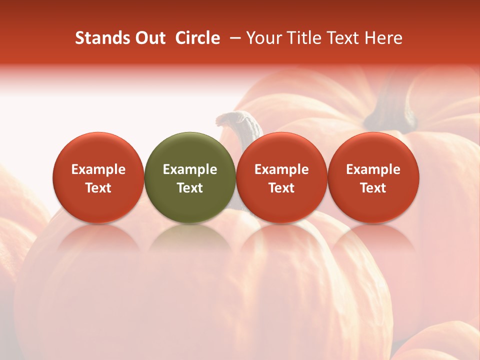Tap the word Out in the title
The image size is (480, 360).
(x=148, y=38)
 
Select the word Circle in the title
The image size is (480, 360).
(x=197, y=38)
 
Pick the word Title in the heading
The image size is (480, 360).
(x=304, y=38)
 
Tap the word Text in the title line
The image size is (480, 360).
(x=344, y=38)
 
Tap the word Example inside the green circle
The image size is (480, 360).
(x=190, y=169)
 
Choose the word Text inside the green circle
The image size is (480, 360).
(x=190, y=188)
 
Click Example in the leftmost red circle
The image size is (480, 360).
(x=98, y=169)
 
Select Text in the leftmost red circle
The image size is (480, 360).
(x=98, y=188)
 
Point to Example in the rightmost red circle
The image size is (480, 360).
(x=373, y=169)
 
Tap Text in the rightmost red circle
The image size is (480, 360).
(x=373, y=188)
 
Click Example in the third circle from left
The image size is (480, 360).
(x=281, y=169)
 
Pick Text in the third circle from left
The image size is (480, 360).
(x=281, y=188)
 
